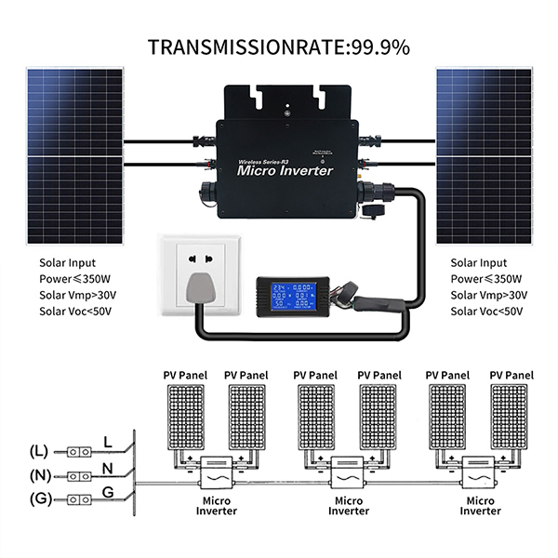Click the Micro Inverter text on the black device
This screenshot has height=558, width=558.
(285, 170)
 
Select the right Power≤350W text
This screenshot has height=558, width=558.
(485, 279)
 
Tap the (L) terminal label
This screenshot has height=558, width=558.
(38, 451)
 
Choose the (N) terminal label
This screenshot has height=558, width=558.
(38, 474)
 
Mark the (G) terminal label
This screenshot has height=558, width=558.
(38, 498)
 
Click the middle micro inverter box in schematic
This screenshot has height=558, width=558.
(349, 472)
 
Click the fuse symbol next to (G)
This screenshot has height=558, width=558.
(78, 498)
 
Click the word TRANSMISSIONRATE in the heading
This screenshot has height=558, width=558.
(245, 46)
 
